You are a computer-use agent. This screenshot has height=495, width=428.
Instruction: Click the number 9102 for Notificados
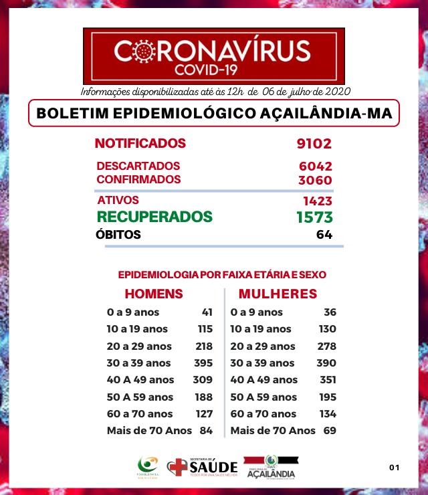[314, 143]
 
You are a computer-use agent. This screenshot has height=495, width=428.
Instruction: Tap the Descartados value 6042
[315, 166]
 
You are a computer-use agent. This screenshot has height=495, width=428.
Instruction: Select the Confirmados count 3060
[315, 180]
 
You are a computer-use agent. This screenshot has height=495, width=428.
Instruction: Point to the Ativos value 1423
[317, 201]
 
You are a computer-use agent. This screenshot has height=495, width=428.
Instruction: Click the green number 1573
[314, 217]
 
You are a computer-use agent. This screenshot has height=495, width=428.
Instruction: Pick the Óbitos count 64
[324, 235]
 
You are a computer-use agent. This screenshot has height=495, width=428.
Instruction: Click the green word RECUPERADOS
[154, 217]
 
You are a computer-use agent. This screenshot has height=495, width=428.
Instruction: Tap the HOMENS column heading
[154, 294]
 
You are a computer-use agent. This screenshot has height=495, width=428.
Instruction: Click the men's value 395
[202, 363]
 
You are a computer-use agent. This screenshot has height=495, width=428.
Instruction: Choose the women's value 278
[326, 346]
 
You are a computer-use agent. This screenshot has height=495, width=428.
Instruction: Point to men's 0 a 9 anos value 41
[206, 312]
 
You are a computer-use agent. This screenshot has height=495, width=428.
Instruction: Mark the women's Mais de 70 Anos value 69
[329, 431]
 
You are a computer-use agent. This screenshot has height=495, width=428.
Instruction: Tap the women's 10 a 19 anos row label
[261, 329]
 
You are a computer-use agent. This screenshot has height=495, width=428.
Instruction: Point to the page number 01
[394, 467]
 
